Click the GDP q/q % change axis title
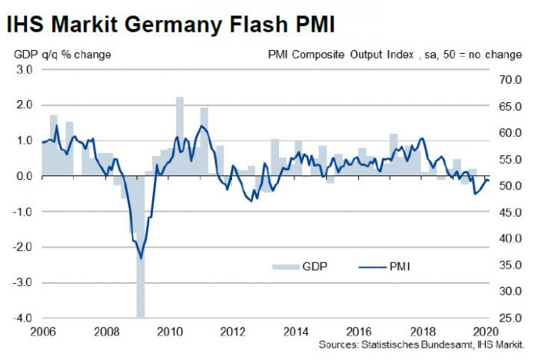[x=61, y=55]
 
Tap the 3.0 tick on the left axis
[x=24, y=69]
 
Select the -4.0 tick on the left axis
[x=22, y=318]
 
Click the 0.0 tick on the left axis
[x=24, y=176]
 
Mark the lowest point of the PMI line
[x=140, y=258]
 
